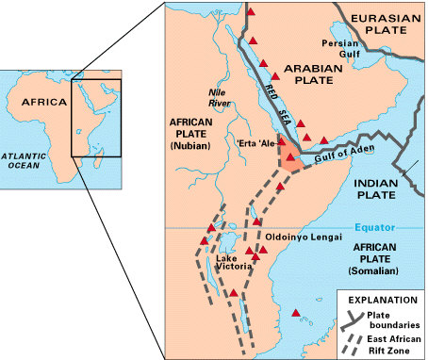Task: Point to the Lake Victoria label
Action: point(231,265)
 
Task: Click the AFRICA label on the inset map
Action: point(45,102)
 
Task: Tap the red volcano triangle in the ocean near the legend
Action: point(297,313)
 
